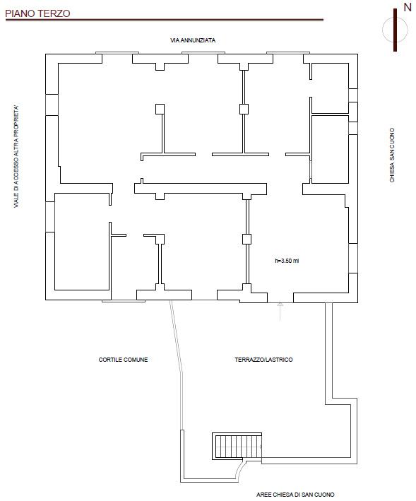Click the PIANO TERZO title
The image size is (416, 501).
(x=37, y=13)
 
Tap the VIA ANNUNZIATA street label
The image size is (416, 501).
(x=193, y=40)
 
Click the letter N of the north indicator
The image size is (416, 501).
(x=408, y=7)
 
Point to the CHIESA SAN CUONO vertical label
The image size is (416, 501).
(x=392, y=155)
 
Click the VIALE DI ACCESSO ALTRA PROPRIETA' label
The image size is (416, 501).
(x=16, y=156)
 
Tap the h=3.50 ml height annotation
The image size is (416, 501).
(x=287, y=261)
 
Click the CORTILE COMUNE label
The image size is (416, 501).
(x=123, y=360)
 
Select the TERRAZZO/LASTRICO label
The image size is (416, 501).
(x=263, y=360)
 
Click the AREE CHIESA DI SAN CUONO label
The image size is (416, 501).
(x=295, y=495)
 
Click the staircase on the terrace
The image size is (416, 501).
(x=237, y=446)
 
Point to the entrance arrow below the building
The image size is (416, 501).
(x=280, y=311)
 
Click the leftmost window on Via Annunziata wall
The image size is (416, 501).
(x=117, y=53)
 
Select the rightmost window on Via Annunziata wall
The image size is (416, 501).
(x=288, y=53)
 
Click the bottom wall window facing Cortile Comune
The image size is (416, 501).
(x=124, y=300)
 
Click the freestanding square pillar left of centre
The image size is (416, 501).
(x=160, y=109)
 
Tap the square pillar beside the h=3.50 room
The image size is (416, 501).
(x=246, y=239)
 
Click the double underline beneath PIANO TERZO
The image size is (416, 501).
(x=165, y=20)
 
